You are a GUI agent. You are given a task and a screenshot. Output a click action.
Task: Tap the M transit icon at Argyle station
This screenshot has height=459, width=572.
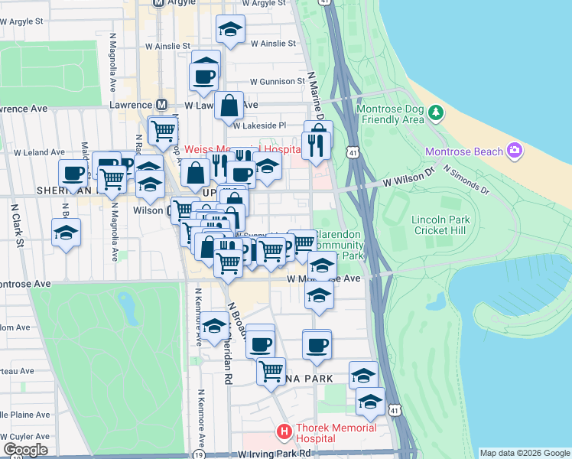click(x=159, y=3)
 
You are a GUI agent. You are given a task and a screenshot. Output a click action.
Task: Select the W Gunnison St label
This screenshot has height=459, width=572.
click(x=256, y=81)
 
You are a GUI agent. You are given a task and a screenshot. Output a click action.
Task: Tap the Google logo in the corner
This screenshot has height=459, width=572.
click(x=25, y=450)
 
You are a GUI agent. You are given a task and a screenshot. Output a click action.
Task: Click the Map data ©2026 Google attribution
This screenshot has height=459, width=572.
click(x=524, y=453)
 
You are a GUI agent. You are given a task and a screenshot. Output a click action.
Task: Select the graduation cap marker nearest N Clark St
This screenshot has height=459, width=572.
click(x=67, y=233)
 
